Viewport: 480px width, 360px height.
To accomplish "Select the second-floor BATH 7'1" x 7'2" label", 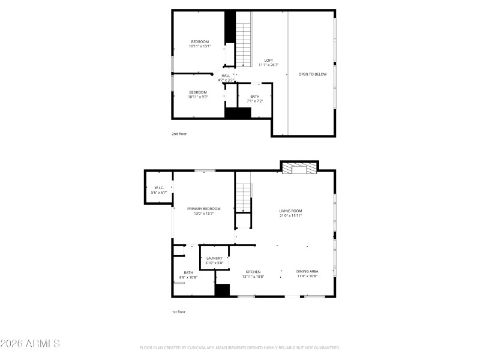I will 255,99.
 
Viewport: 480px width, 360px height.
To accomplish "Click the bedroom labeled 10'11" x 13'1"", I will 200,43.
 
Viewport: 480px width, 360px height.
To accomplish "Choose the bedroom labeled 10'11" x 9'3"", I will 197,94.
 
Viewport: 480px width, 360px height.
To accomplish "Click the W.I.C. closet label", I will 159,190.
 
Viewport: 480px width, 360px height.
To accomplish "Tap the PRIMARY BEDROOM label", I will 203,211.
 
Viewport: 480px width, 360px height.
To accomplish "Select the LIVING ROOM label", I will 290,212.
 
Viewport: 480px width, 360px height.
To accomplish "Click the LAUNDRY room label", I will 214,260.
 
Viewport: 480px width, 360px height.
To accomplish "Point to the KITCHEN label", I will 253,274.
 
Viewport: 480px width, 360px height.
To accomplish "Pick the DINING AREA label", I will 307,274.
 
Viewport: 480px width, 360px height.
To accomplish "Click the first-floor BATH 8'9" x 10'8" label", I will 188,275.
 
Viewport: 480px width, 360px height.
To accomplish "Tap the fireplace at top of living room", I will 299,167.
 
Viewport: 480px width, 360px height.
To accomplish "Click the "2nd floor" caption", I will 179,134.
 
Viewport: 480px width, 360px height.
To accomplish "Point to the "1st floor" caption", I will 179,311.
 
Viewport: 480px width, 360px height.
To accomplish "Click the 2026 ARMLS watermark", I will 30,344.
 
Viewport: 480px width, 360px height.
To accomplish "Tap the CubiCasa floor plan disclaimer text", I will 240,347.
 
